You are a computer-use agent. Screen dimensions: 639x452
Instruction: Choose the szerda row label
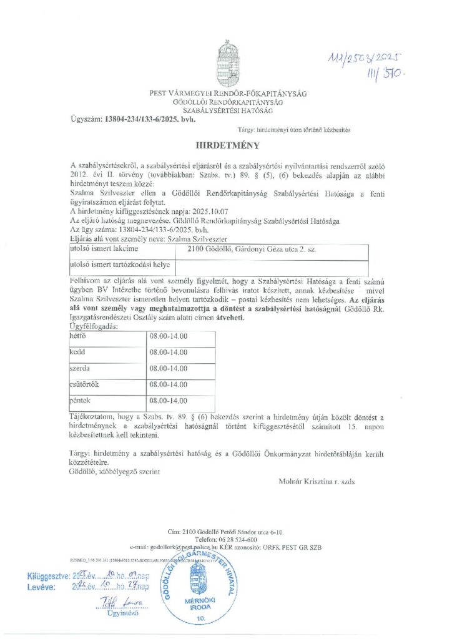pos(81,368)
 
